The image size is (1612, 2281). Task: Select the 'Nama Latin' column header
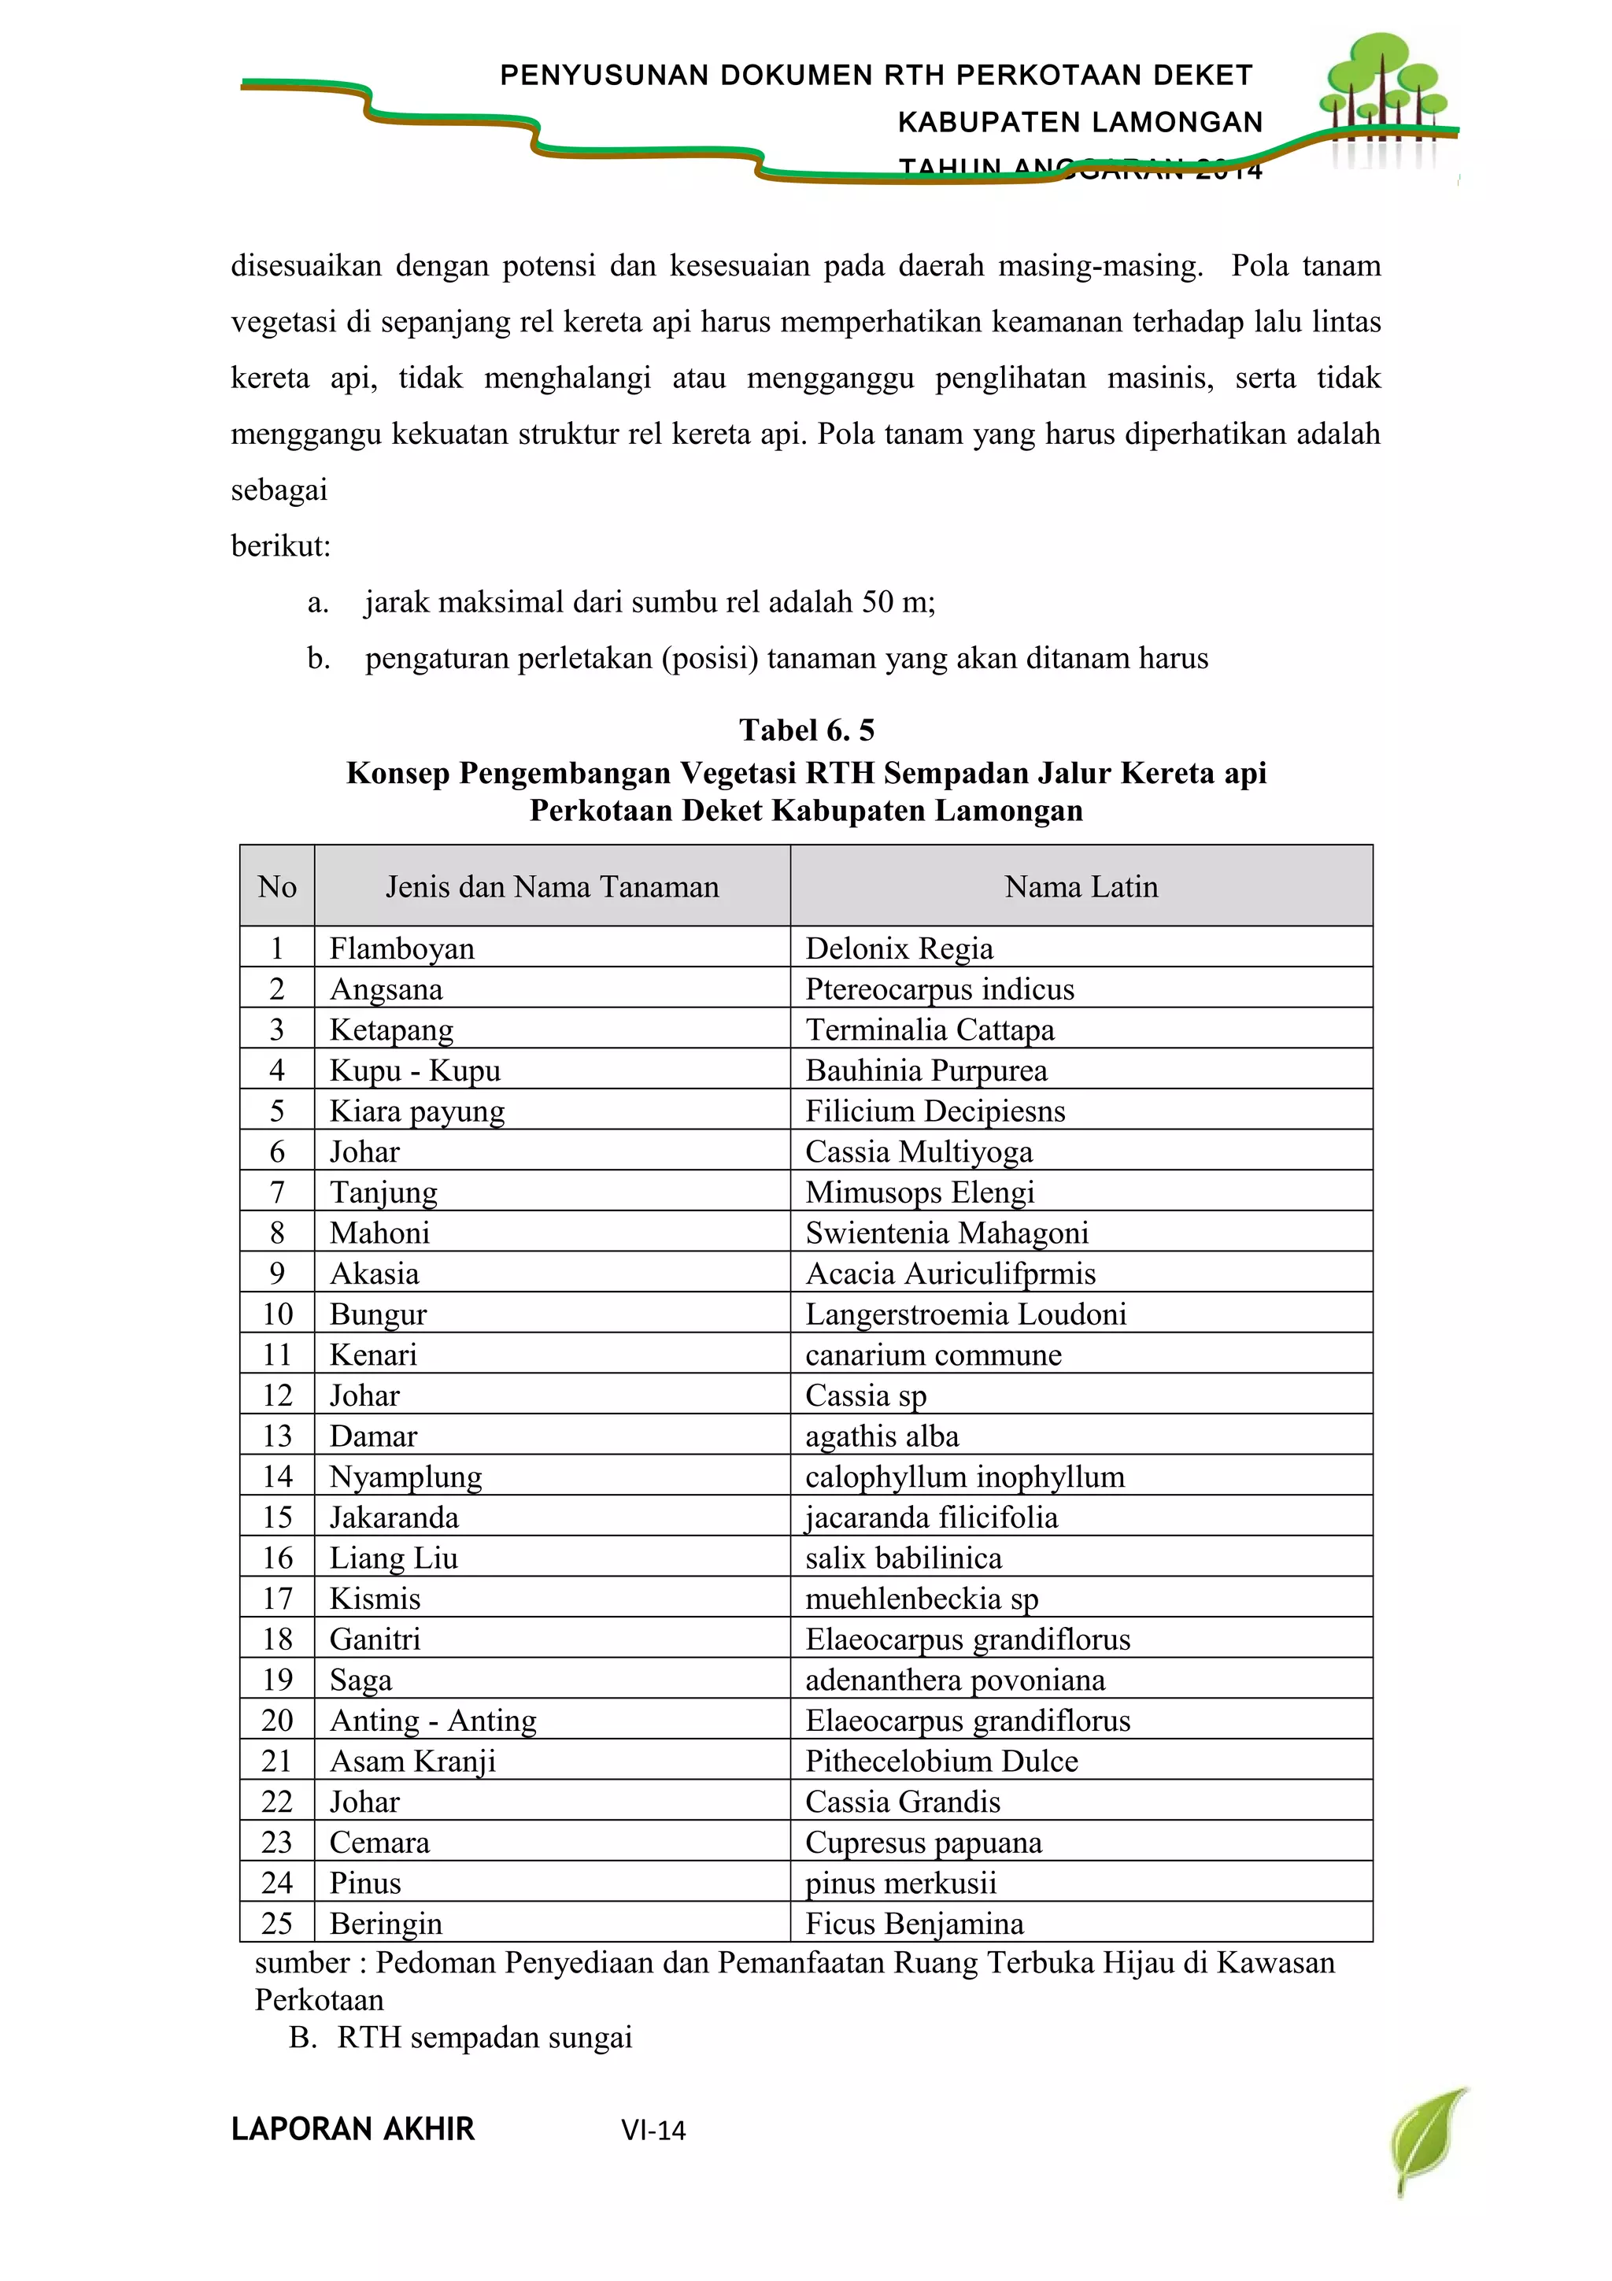coord(1081,886)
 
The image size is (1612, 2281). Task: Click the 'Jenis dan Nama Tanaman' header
coord(553,886)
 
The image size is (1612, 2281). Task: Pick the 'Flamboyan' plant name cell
coord(402,948)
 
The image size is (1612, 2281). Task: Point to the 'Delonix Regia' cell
coord(899,948)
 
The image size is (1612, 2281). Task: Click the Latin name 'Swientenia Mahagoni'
coord(947,1233)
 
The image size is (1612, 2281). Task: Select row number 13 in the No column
coord(277,1436)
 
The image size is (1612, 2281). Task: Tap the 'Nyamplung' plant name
coord(405,1477)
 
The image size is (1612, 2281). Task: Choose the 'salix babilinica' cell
coord(903,1558)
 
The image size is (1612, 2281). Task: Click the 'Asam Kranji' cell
coord(412,1761)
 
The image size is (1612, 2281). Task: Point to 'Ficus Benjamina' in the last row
coord(914,1924)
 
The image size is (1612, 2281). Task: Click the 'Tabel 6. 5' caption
coord(807,730)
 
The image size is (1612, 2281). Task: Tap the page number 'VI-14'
coord(653,2130)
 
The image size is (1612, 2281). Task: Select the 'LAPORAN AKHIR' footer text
coord(353,2129)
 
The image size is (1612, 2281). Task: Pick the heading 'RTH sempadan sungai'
coord(485,2038)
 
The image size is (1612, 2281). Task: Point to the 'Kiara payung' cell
coord(417,1111)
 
